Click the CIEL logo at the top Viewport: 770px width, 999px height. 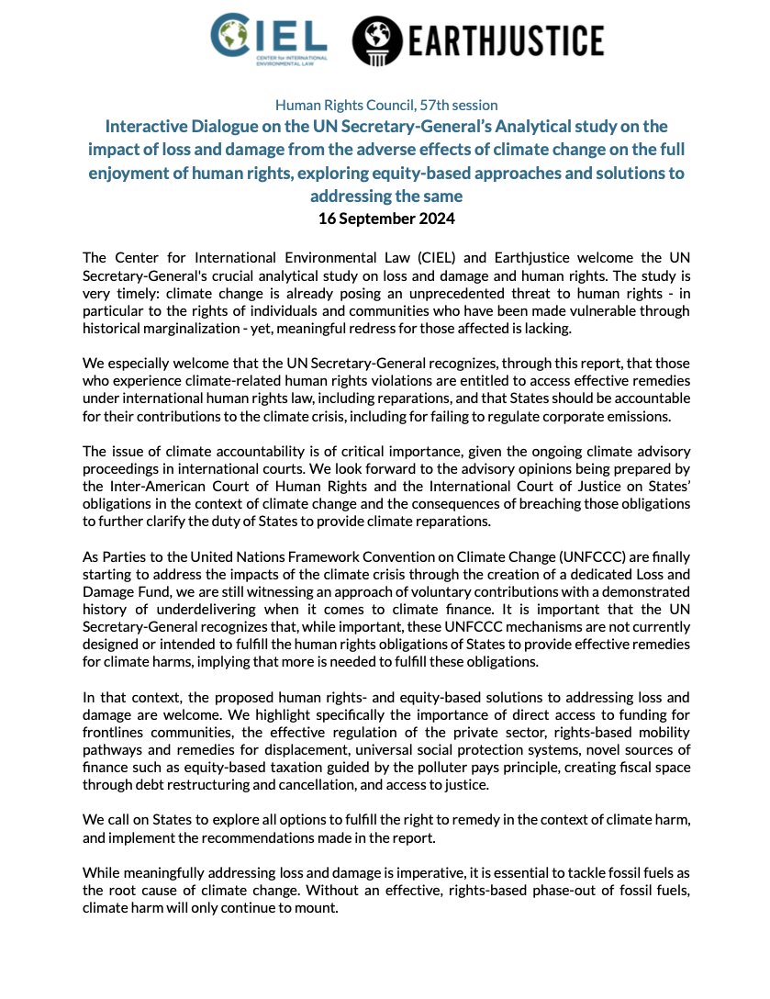point(268,39)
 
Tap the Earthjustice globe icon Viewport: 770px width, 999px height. point(377,39)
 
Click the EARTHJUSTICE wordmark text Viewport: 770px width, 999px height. point(505,40)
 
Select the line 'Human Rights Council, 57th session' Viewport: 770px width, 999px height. point(385,106)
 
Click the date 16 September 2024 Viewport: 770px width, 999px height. point(385,219)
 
